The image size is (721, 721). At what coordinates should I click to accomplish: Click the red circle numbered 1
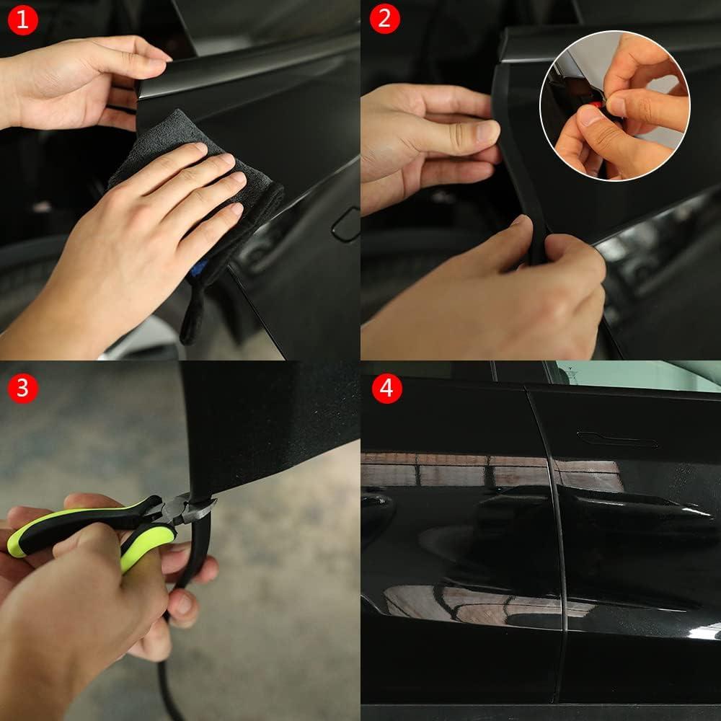22,19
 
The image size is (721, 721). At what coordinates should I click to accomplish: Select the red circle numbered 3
22,388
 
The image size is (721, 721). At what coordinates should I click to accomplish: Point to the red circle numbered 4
387,388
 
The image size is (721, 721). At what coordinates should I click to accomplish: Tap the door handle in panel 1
345,225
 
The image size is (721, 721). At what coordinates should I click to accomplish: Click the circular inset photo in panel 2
614,105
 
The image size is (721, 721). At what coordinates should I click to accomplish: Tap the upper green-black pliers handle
79,523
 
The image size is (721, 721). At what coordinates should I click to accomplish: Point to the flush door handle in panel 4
616,438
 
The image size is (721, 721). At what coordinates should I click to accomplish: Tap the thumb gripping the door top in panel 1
137,63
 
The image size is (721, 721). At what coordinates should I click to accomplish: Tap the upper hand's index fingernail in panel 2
487,131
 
